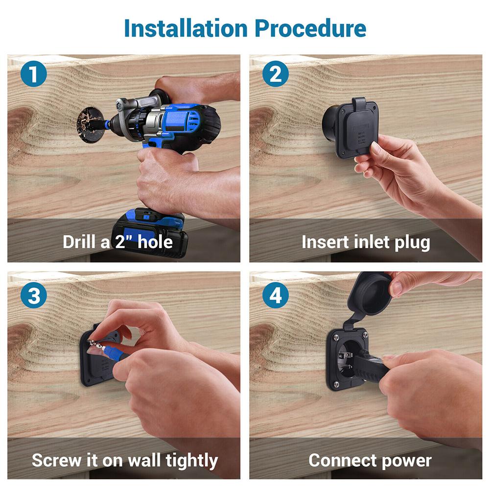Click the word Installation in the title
pyautogui.click(x=187, y=28)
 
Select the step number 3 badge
pyautogui.click(x=34, y=296)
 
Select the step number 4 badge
pyautogui.click(x=275, y=296)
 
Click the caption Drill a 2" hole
pyautogui.click(x=117, y=242)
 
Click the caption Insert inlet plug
pyautogui.click(x=366, y=242)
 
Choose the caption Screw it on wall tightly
pyautogui.click(x=124, y=460)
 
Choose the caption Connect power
pyautogui.click(x=370, y=460)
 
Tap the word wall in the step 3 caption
pyautogui.click(x=146, y=460)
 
